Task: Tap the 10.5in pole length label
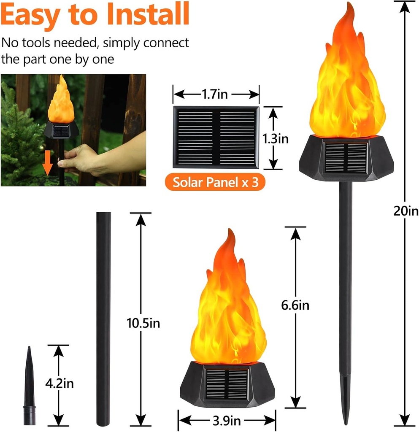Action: tap(143, 323)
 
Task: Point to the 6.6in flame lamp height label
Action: tap(295, 305)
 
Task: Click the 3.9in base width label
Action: tap(227, 421)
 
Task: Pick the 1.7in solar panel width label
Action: tap(216, 94)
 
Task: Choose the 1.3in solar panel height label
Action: tap(274, 138)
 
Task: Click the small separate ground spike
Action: tap(29, 384)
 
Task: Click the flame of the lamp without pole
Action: tap(228, 312)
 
